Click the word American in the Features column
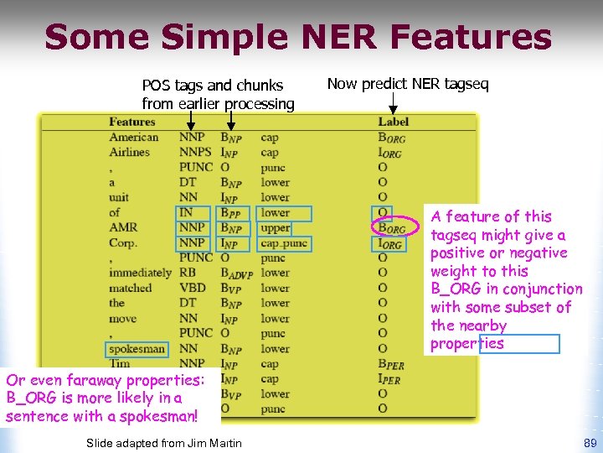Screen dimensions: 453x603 tap(133, 138)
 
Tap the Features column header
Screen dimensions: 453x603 tap(132, 122)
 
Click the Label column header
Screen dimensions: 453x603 tap(393, 122)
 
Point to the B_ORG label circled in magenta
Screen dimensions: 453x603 tap(391, 228)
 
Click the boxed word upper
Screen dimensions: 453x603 tap(276, 228)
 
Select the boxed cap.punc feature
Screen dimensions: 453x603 tap(284, 243)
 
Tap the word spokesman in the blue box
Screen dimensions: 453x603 tap(137, 349)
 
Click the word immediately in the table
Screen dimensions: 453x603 tap(140, 273)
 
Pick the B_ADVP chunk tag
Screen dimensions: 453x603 tap(236, 273)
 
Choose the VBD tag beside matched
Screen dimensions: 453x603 tap(193, 289)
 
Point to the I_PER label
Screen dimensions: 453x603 tap(389, 379)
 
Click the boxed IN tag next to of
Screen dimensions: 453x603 tap(186, 213)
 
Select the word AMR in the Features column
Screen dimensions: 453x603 tap(123, 228)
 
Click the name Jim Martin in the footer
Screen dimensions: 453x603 tap(219, 443)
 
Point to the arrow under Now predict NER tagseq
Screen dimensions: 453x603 tap(394, 103)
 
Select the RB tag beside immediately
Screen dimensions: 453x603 tap(187, 273)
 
